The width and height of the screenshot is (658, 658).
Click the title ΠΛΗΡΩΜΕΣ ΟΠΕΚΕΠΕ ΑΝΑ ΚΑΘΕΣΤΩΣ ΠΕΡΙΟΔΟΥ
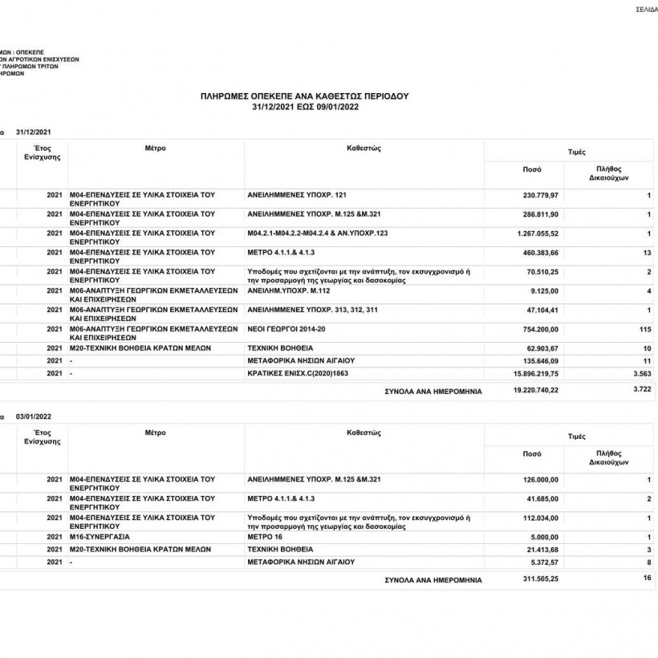point(304,95)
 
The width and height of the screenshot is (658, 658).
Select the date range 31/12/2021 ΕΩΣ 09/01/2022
point(304,106)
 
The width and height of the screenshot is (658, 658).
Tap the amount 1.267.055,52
point(538,233)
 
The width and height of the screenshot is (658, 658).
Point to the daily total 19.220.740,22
point(535,391)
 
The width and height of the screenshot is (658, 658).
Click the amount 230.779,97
point(541,195)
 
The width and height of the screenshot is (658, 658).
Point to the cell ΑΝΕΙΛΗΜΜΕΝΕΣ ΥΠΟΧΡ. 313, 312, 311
point(311,309)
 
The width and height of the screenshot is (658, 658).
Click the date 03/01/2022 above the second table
point(35,416)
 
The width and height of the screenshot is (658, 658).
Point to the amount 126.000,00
point(541,480)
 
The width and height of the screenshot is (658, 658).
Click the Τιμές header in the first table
point(576,151)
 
